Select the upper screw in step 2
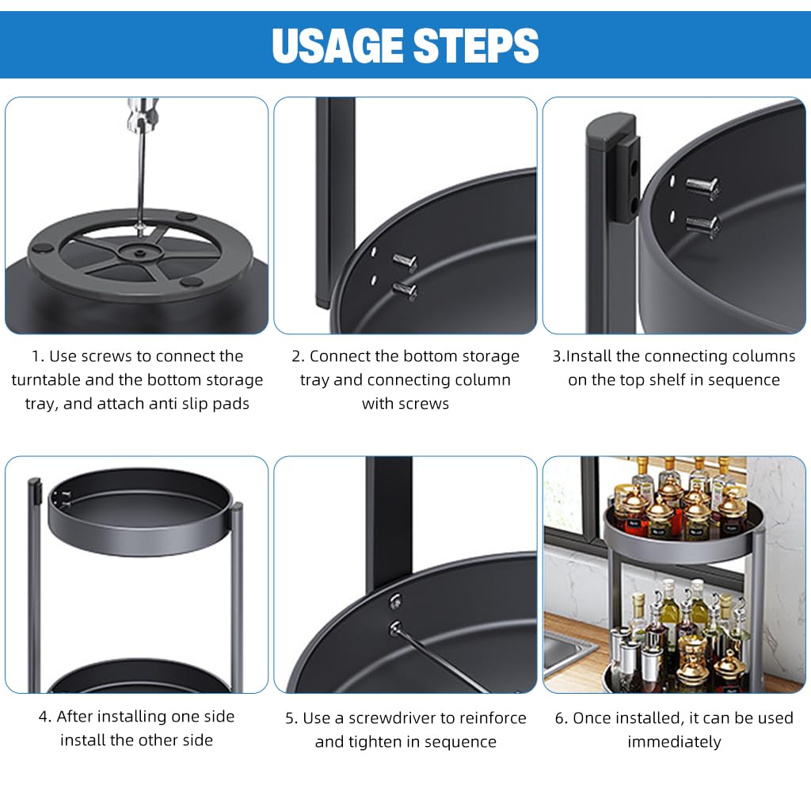click(405, 261)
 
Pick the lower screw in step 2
click(405, 290)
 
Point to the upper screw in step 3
click(702, 186)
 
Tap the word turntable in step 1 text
click(45, 380)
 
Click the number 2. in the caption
click(298, 356)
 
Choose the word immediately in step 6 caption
click(674, 742)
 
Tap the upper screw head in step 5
click(396, 600)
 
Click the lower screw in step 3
click(702, 226)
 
